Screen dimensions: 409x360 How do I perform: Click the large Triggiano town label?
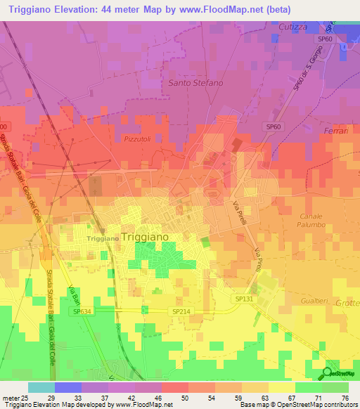(145, 237)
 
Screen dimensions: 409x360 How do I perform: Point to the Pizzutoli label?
(138, 139)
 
